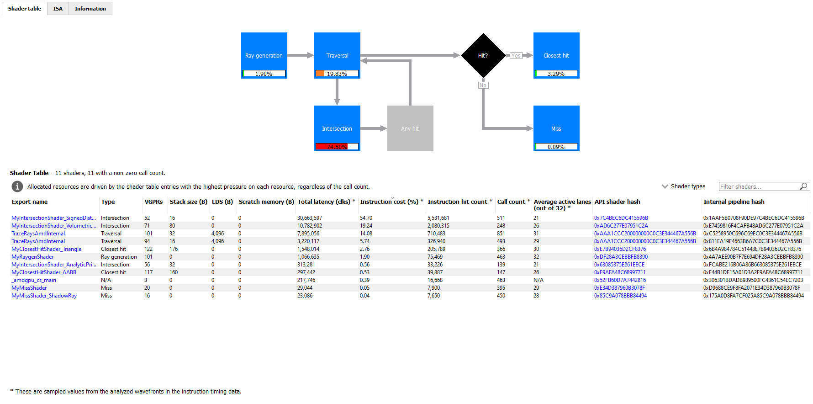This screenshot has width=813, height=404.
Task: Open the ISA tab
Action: [x=58, y=9]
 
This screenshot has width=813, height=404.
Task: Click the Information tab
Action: [x=90, y=9]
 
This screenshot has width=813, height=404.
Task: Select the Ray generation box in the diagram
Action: [x=264, y=51]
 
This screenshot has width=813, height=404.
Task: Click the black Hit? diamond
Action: [x=483, y=55]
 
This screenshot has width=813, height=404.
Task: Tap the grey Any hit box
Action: [x=410, y=128]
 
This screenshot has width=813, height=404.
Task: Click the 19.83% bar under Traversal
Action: [x=337, y=74]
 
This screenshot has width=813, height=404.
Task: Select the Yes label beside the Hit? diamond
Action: [x=516, y=56]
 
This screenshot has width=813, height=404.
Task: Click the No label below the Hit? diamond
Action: [x=483, y=85]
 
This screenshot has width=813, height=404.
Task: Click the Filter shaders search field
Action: [x=758, y=186]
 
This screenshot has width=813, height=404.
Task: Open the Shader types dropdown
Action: [x=683, y=186]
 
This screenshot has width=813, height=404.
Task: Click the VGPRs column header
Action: [x=153, y=202]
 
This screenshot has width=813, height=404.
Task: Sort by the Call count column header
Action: [x=511, y=202]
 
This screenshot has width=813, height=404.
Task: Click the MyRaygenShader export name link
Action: [x=32, y=257]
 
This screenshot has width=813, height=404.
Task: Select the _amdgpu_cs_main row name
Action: [x=34, y=280]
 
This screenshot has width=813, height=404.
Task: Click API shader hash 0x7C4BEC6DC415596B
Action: [x=621, y=218]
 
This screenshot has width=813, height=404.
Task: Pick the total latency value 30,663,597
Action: [x=309, y=218]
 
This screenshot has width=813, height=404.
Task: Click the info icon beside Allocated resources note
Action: [x=17, y=186]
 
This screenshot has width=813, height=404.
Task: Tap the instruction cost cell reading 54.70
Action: [x=366, y=218]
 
